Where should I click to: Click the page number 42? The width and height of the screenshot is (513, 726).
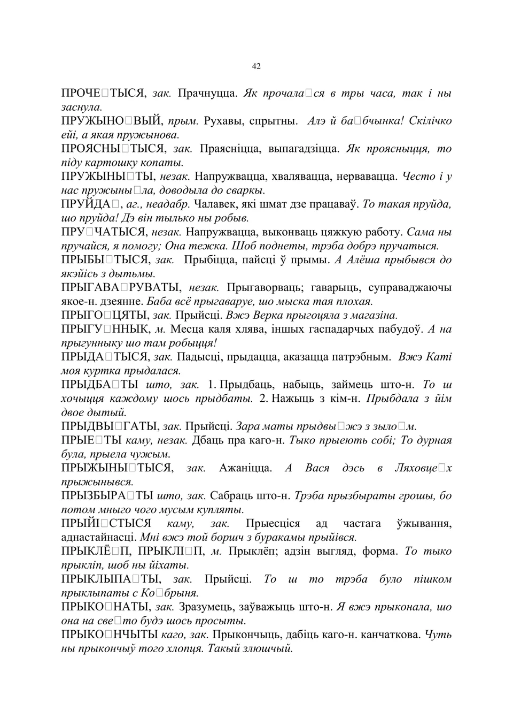256,66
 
